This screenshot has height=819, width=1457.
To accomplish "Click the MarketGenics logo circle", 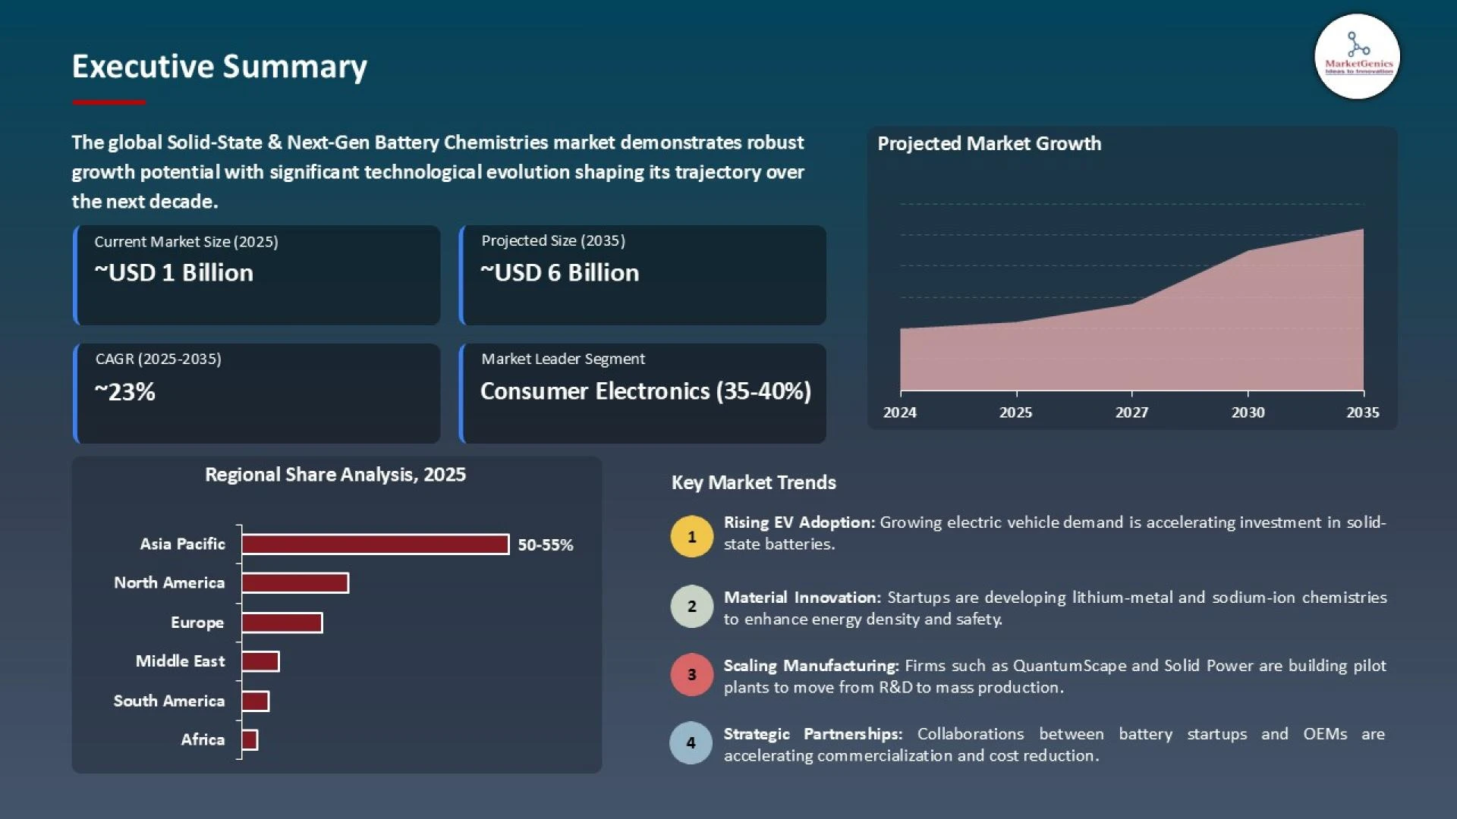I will (x=1357, y=57).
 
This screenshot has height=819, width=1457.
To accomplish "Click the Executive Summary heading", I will (x=219, y=67).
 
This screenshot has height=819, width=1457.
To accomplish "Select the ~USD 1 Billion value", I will (x=174, y=273).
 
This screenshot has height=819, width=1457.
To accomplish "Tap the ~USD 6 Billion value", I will (x=560, y=273).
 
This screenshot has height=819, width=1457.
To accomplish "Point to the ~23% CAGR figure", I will (x=125, y=392).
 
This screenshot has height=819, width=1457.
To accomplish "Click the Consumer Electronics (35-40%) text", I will (x=646, y=391).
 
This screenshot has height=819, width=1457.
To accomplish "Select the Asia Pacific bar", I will (x=375, y=544).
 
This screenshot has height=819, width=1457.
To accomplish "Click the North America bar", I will (x=295, y=583).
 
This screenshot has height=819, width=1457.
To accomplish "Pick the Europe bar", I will (x=282, y=623).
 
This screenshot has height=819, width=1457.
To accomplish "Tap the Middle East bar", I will (x=260, y=661).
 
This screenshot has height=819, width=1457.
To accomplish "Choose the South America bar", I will (x=255, y=701).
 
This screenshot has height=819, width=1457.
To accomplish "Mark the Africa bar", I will (x=250, y=740).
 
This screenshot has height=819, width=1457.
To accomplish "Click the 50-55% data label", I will (x=546, y=545).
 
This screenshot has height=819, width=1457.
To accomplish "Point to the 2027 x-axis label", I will (x=1131, y=413).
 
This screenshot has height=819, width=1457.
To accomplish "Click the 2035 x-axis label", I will (x=1363, y=413).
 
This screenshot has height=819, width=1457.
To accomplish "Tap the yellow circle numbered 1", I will (x=691, y=537).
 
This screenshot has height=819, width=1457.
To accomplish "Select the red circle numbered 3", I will (x=691, y=674).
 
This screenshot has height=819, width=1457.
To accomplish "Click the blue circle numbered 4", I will (x=691, y=742).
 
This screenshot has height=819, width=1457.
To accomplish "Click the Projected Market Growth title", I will (x=989, y=144).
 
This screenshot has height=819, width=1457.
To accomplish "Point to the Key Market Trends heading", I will (x=754, y=483).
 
